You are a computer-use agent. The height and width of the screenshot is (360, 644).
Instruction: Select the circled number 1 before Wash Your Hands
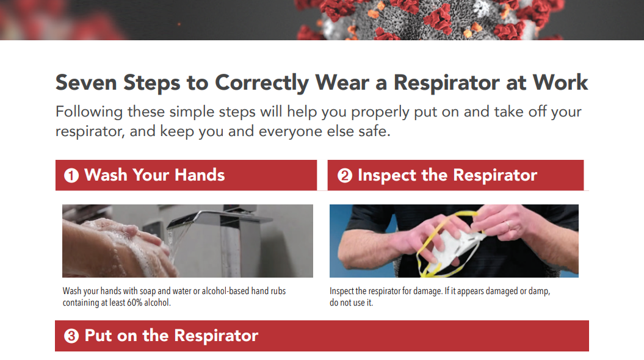tap(71, 176)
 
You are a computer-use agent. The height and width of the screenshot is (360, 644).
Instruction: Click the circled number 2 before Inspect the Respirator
tap(345, 176)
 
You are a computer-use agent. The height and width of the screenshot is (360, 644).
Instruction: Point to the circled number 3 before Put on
tap(71, 336)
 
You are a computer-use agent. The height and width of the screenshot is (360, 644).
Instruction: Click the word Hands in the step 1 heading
tap(200, 175)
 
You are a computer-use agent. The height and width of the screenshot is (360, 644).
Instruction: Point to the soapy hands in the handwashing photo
tap(122, 244)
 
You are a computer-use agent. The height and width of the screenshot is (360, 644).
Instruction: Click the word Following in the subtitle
tap(89, 112)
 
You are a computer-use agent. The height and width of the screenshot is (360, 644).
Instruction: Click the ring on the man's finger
tap(508, 225)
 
